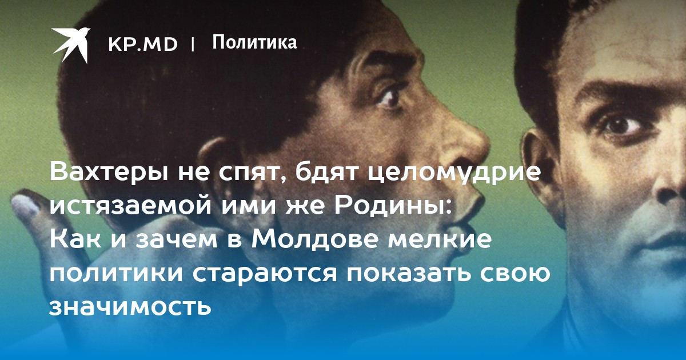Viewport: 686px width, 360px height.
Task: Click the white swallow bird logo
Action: coord(71,45)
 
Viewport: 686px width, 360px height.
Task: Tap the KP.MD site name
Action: coord(143,44)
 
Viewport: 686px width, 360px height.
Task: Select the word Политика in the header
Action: coord(254,42)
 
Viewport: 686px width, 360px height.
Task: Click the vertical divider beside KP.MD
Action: coord(193,45)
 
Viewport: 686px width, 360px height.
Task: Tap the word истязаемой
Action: coord(130,206)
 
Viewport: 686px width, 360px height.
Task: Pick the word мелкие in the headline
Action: coord(440,239)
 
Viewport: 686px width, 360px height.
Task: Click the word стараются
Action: coord(265,273)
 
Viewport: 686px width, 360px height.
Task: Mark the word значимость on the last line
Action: coord(130,306)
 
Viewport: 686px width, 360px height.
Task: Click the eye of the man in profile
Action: coord(389,99)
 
